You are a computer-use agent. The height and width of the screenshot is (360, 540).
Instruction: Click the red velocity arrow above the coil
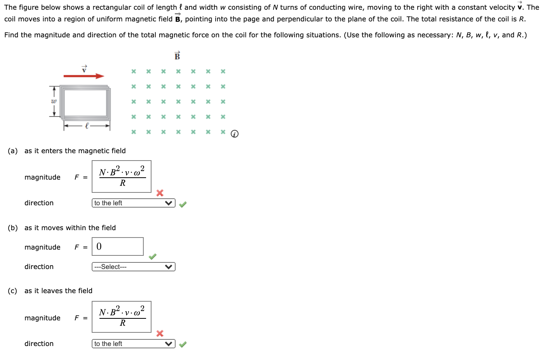(x=84, y=76)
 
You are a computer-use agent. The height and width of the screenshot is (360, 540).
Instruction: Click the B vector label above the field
(x=177, y=56)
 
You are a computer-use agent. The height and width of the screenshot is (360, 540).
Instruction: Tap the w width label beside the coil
(x=54, y=101)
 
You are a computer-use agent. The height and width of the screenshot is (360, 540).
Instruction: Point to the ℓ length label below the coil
(x=87, y=126)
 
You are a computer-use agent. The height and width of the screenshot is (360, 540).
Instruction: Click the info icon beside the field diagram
(x=235, y=134)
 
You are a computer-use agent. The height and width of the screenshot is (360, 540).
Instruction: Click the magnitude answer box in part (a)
(x=122, y=177)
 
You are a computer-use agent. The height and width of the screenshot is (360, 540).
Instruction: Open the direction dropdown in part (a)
(x=134, y=203)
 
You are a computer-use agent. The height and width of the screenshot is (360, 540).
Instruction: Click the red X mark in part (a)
(x=160, y=193)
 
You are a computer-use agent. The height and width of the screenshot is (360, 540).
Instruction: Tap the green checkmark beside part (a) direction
(x=183, y=204)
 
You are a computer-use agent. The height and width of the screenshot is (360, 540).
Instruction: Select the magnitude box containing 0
(x=118, y=246)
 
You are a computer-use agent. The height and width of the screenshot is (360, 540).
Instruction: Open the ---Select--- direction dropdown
(x=134, y=267)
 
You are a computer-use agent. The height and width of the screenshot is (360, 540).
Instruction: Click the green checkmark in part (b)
(x=153, y=257)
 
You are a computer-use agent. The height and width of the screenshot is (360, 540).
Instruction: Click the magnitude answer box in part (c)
(x=122, y=317)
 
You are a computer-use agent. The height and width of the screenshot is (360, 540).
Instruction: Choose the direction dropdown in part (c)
(x=134, y=344)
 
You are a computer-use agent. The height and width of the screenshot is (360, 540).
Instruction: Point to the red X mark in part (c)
(x=160, y=333)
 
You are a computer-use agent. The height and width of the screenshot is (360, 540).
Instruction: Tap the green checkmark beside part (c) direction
(x=183, y=344)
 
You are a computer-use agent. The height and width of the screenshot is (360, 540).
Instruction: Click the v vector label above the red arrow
(x=84, y=69)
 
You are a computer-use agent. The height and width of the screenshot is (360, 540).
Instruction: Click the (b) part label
(x=13, y=228)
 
